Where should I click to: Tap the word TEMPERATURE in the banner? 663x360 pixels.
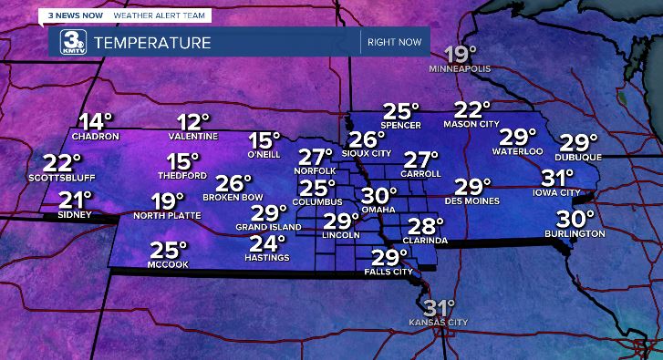click(x=152, y=43)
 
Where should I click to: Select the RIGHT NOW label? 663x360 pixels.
click(x=394, y=43)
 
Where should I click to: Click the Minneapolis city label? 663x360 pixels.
click(x=461, y=68)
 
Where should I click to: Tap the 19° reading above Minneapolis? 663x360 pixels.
click(x=461, y=53)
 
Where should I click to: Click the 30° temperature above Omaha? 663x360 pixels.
click(x=378, y=196)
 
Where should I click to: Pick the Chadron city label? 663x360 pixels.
click(x=95, y=137)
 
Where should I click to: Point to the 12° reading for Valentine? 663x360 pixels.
click(x=193, y=122)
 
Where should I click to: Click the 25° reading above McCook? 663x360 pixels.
click(x=169, y=250)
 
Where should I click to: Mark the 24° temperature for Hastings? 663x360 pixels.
click(x=268, y=243)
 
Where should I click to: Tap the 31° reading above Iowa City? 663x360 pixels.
click(x=557, y=178)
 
